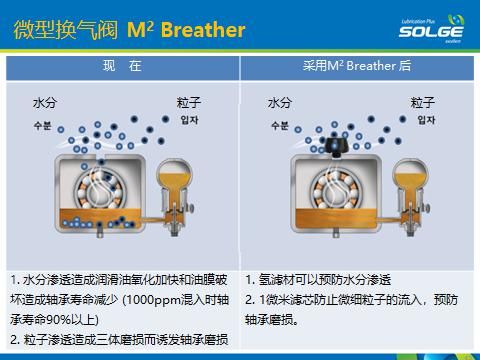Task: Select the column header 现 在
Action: [122, 67]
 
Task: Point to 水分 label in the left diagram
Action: [46, 103]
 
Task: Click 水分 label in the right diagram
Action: [280, 103]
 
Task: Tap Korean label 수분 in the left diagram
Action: [43, 125]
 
